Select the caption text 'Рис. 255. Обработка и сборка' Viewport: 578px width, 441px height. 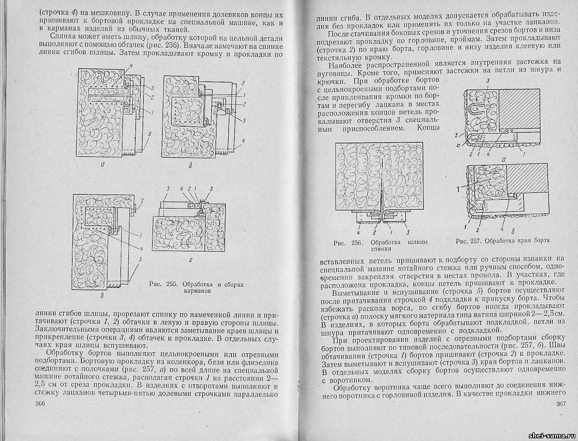coord(197,284)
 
